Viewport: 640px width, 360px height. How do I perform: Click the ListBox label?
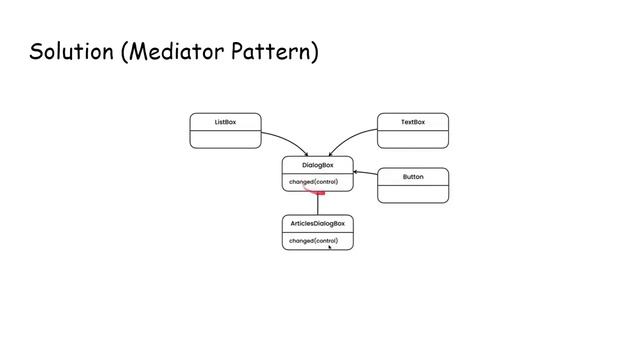pos(225,122)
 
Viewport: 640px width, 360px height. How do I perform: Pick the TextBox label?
pos(412,122)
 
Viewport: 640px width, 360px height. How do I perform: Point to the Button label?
pos(412,177)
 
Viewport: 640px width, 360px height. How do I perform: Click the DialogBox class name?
pos(317,165)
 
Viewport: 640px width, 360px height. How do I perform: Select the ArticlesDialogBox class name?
pos(317,223)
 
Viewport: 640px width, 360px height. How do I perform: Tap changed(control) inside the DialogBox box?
pos(314,182)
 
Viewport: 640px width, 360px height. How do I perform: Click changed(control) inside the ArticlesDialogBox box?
pos(313,241)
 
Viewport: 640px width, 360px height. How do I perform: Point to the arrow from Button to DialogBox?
pos(365,174)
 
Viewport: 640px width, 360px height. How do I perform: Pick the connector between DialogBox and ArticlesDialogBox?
pos(318,203)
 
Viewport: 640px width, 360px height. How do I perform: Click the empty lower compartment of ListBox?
pos(225,139)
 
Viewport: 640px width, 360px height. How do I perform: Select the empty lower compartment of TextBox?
pos(412,139)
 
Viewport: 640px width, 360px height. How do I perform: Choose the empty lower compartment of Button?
pos(412,193)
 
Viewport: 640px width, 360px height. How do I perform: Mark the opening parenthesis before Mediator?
pos(123,52)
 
